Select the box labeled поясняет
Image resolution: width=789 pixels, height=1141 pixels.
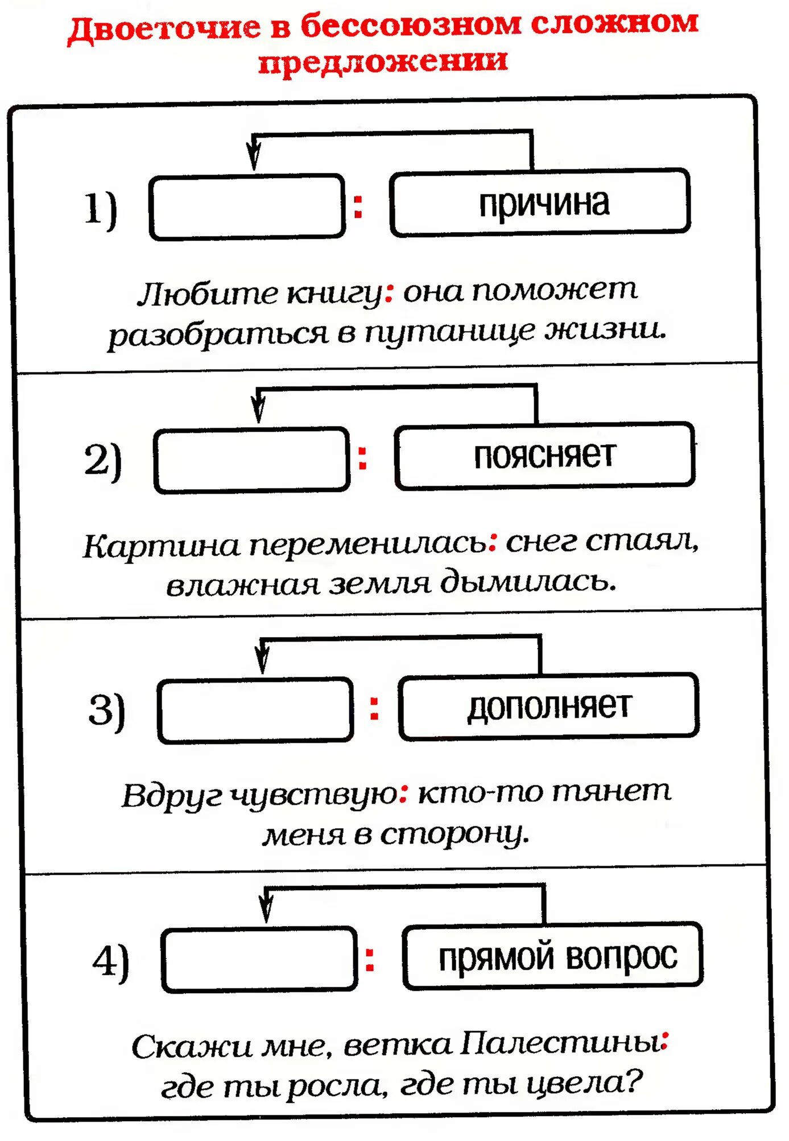[544, 456]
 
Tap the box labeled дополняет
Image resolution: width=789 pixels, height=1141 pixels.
[549, 706]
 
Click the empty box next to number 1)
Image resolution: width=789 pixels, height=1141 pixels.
[247, 207]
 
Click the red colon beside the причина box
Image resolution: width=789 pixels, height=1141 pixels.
[358, 206]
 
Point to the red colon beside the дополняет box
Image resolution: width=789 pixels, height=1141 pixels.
[374, 709]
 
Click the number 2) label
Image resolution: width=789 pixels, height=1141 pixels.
[103, 460]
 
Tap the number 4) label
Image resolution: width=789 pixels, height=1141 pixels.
[111, 961]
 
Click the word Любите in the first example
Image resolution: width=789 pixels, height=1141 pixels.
[208, 294]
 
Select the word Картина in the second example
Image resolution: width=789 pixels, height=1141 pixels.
[162, 546]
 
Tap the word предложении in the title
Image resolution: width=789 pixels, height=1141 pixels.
[383, 61]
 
